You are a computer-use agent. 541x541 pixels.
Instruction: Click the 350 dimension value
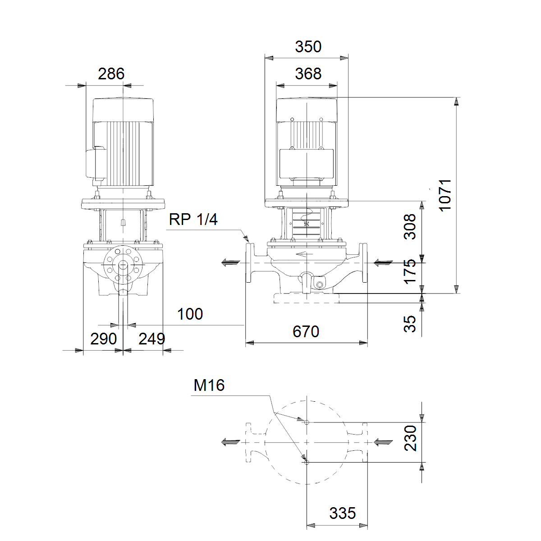[308, 46]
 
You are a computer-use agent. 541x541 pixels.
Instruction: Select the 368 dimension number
[308, 74]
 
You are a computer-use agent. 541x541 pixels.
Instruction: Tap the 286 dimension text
[111, 74]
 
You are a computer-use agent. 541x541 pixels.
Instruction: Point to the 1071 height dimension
[445, 195]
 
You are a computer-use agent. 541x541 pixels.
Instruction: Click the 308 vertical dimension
[410, 227]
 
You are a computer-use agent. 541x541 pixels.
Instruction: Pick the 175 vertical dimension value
[410, 272]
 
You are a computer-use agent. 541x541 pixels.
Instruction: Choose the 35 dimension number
[410, 324]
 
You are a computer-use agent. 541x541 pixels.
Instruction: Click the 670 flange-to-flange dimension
[306, 331]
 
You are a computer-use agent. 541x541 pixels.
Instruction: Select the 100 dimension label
[190, 314]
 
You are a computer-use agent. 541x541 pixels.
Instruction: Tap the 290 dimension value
[103, 339]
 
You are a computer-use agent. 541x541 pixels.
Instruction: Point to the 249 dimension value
[151, 339]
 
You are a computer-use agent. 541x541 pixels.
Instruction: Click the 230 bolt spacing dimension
[410, 438]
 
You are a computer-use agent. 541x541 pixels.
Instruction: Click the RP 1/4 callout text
[193, 219]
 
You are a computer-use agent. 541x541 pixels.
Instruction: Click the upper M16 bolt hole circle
[307, 422]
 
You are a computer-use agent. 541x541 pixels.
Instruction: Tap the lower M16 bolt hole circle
[307, 463]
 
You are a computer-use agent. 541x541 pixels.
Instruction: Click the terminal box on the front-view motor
[307, 164]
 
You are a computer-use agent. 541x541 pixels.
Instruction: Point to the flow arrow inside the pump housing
[304, 254]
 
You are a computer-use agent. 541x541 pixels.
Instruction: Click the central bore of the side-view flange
[123, 265]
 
